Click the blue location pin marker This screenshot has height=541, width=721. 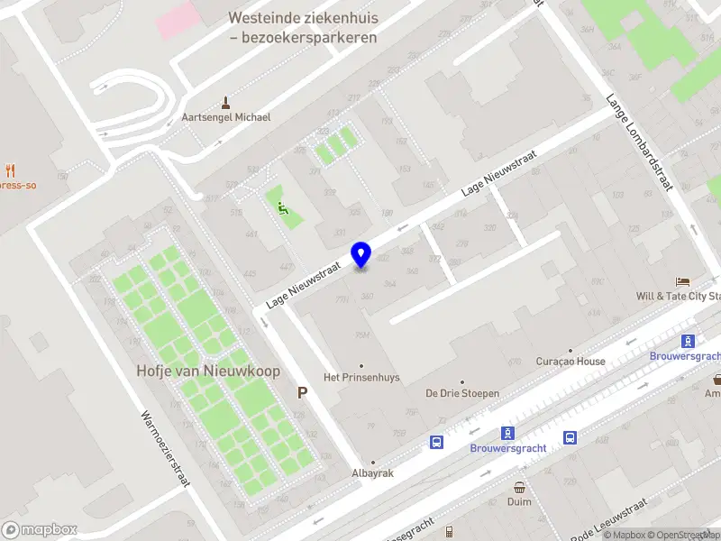pos(361,255)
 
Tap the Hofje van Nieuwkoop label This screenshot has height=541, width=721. pos(208,371)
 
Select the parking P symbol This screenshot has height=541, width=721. pos(303,392)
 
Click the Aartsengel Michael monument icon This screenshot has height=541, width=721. pos(225,102)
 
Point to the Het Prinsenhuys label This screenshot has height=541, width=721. pos(361,377)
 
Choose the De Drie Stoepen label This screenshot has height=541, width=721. pos(462,393)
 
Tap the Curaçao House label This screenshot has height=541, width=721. pos(570,362)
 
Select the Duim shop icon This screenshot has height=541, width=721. pos(519,487)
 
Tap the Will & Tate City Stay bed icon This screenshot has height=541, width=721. pos(682,281)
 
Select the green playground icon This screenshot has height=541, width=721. pos(282,209)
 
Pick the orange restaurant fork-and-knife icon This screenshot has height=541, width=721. pos(11,170)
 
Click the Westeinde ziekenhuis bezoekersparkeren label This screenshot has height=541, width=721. pos(303,27)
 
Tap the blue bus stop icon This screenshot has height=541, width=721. pos(437,442)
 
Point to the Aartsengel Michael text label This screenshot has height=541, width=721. pos(225,117)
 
